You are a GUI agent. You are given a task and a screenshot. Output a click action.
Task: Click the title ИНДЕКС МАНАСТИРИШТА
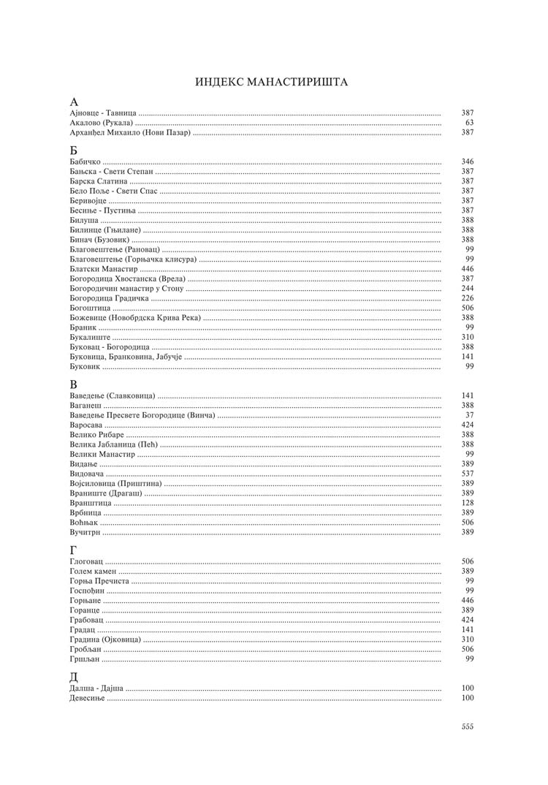pos(271,82)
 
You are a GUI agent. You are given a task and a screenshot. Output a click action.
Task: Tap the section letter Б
pos(74,150)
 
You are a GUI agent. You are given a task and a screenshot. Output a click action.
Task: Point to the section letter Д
pos(74,677)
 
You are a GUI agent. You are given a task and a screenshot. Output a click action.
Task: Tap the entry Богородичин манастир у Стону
pos(126,289)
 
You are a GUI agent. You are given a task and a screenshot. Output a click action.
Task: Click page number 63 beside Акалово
pos(469,123)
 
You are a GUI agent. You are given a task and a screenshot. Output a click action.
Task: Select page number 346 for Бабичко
pos(468,160)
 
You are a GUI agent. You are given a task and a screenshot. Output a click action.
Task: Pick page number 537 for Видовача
pos(468,474)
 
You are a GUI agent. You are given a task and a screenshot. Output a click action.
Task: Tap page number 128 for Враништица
pos(468,503)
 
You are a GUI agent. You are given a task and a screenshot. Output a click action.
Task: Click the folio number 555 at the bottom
pos(468,727)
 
